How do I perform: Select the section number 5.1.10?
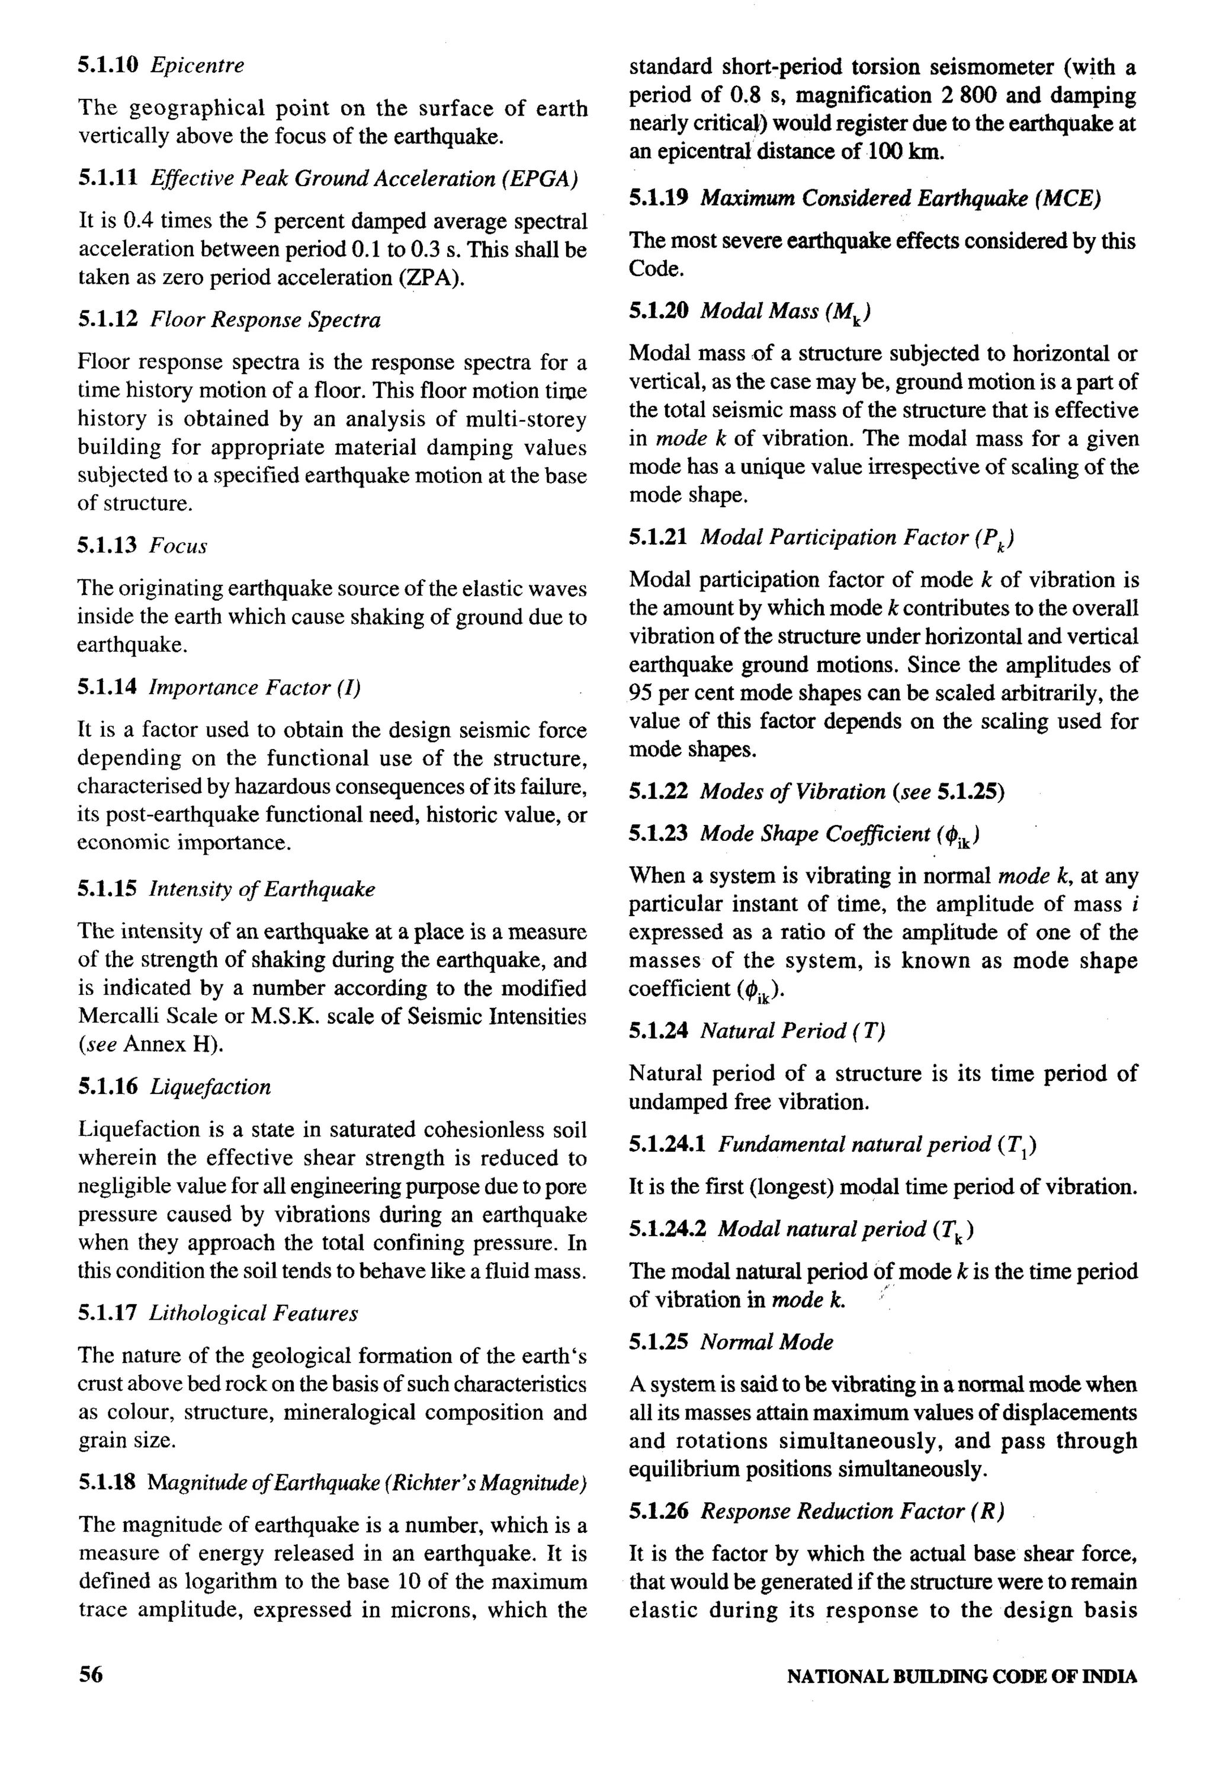click(107, 66)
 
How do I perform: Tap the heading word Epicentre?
click(197, 66)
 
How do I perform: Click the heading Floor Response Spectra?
click(265, 320)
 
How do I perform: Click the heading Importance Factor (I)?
click(254, 688)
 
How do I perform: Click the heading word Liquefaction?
click(210, 1087)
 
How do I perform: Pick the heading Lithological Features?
click(253, 1313)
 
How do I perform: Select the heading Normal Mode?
click(767, 1342)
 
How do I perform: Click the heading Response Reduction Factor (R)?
click(852, 1511)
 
